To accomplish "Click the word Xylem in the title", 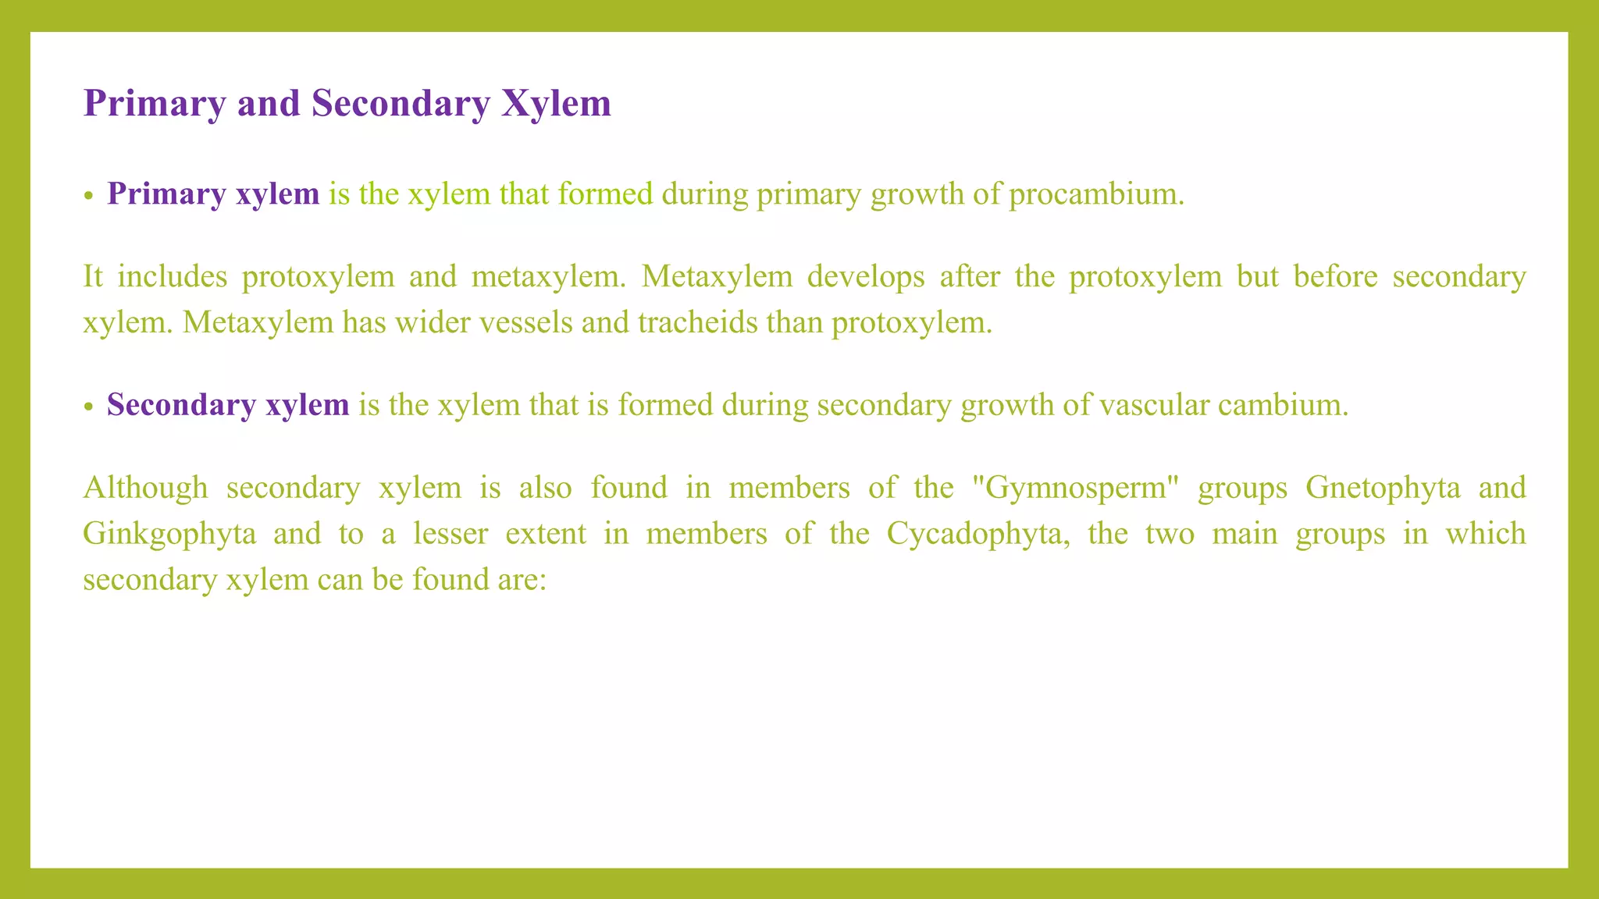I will [556, 103].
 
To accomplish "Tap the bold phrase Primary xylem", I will [213, 194].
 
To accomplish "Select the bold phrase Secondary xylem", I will [228, 404].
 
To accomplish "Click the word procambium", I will [1096, 194].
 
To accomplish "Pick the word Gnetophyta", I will [1383, 487].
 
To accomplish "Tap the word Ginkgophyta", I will [169, 534].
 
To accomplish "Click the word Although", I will [145, 487].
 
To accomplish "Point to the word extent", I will [546, 534].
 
